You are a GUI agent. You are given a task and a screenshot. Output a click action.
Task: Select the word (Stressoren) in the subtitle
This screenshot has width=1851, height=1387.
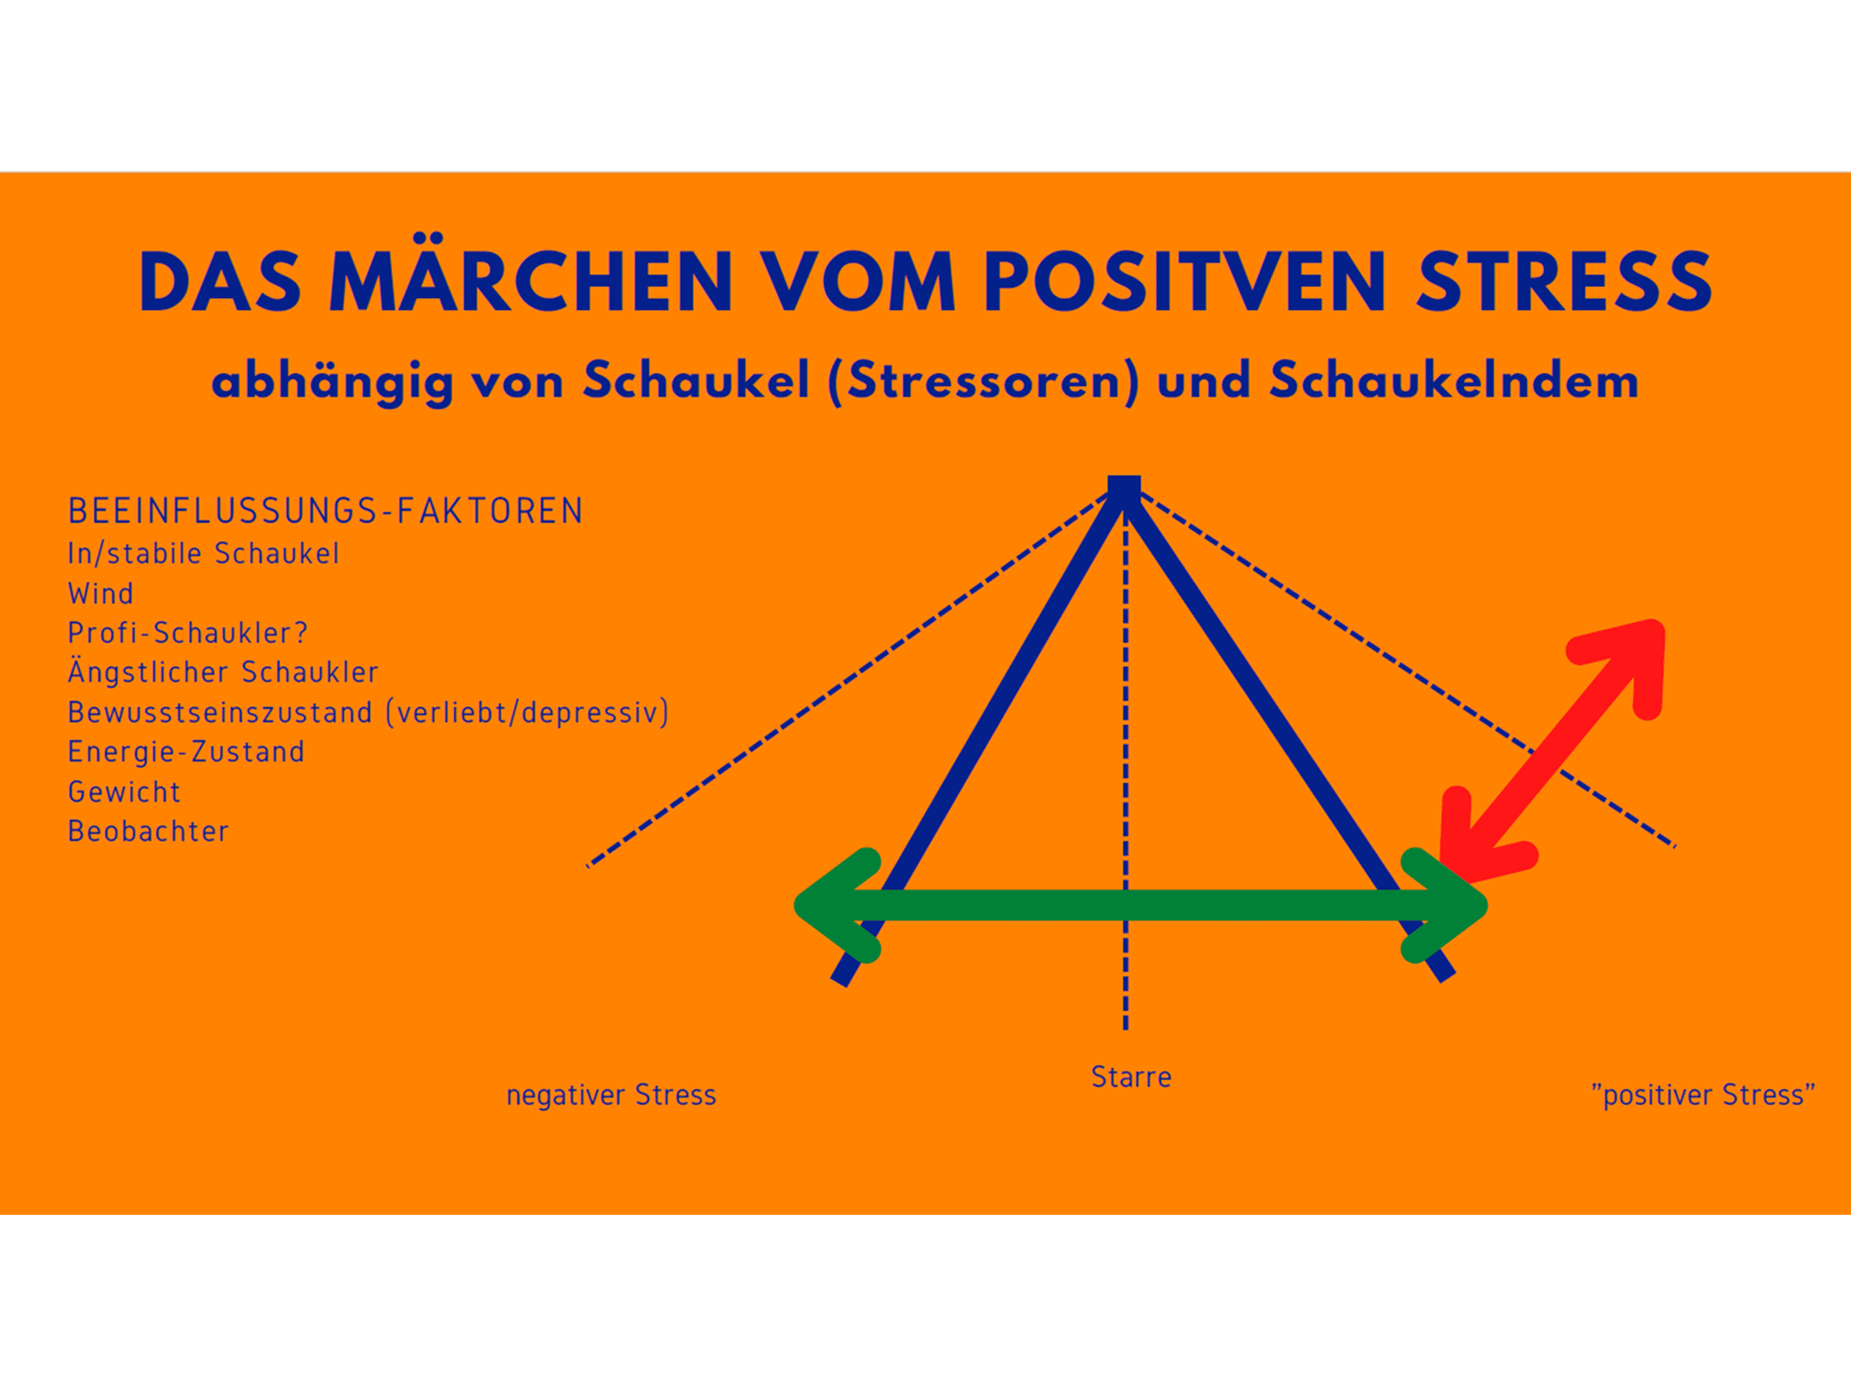(x=983, y=381)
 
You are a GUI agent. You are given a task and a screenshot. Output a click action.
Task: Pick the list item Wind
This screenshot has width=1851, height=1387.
(x=100, y=593)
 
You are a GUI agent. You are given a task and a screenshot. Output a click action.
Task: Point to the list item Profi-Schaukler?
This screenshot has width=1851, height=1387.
(x=188, y=633)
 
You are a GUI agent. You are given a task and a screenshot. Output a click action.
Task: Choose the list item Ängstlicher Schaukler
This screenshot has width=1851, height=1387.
(x=223, y=671)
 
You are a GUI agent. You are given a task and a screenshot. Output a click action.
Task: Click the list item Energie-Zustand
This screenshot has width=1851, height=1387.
(x=186, y=752)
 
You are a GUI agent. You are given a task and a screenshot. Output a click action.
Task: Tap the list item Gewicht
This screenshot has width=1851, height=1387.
(x=124, y=792)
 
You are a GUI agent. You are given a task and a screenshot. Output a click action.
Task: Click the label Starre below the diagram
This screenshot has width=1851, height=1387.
(x=1131, y=1077)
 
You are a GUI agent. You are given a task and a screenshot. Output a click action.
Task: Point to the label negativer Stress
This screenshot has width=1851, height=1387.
(x=611, y=1095)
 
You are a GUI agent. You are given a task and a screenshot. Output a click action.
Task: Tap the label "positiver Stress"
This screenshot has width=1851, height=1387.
(x=1702, y=1095)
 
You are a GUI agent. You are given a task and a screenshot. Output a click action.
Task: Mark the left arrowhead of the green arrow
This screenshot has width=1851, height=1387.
(x=837, y=905)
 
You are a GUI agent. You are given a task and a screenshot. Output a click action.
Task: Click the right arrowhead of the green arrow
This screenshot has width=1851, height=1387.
(x=1445, y=905)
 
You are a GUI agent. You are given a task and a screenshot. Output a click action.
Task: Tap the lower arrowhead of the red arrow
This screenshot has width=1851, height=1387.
(x=1481, y=836)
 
